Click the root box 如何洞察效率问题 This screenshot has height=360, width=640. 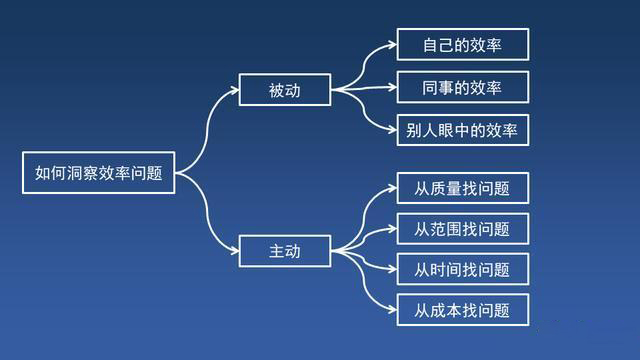99,173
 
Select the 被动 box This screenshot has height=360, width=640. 285,90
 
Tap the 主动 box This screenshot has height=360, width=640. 285,251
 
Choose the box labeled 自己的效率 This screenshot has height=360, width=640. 463,44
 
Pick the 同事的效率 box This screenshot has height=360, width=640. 463,87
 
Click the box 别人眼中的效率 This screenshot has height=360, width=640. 463,130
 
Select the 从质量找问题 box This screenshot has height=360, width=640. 463,188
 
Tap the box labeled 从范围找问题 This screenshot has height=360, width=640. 463,229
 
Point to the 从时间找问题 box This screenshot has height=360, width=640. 463,269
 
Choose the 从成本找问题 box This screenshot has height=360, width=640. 463,310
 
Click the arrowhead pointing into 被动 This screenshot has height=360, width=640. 234,90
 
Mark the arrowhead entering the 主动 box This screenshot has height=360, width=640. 234,251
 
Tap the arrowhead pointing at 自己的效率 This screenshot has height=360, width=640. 392,44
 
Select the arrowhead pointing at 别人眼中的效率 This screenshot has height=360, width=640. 392,130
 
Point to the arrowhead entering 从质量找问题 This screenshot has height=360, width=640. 392,188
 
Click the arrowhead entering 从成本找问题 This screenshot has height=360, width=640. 392,310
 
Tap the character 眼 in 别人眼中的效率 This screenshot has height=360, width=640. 446,131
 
